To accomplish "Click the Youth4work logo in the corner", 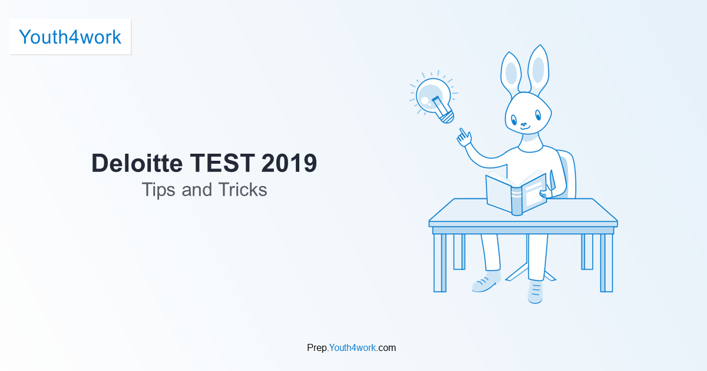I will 70,37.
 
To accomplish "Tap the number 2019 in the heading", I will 289,163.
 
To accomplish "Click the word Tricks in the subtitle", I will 243,190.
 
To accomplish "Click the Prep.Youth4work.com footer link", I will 352,347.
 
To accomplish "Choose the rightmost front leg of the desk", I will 606,263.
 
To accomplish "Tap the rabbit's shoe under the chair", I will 535,291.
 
